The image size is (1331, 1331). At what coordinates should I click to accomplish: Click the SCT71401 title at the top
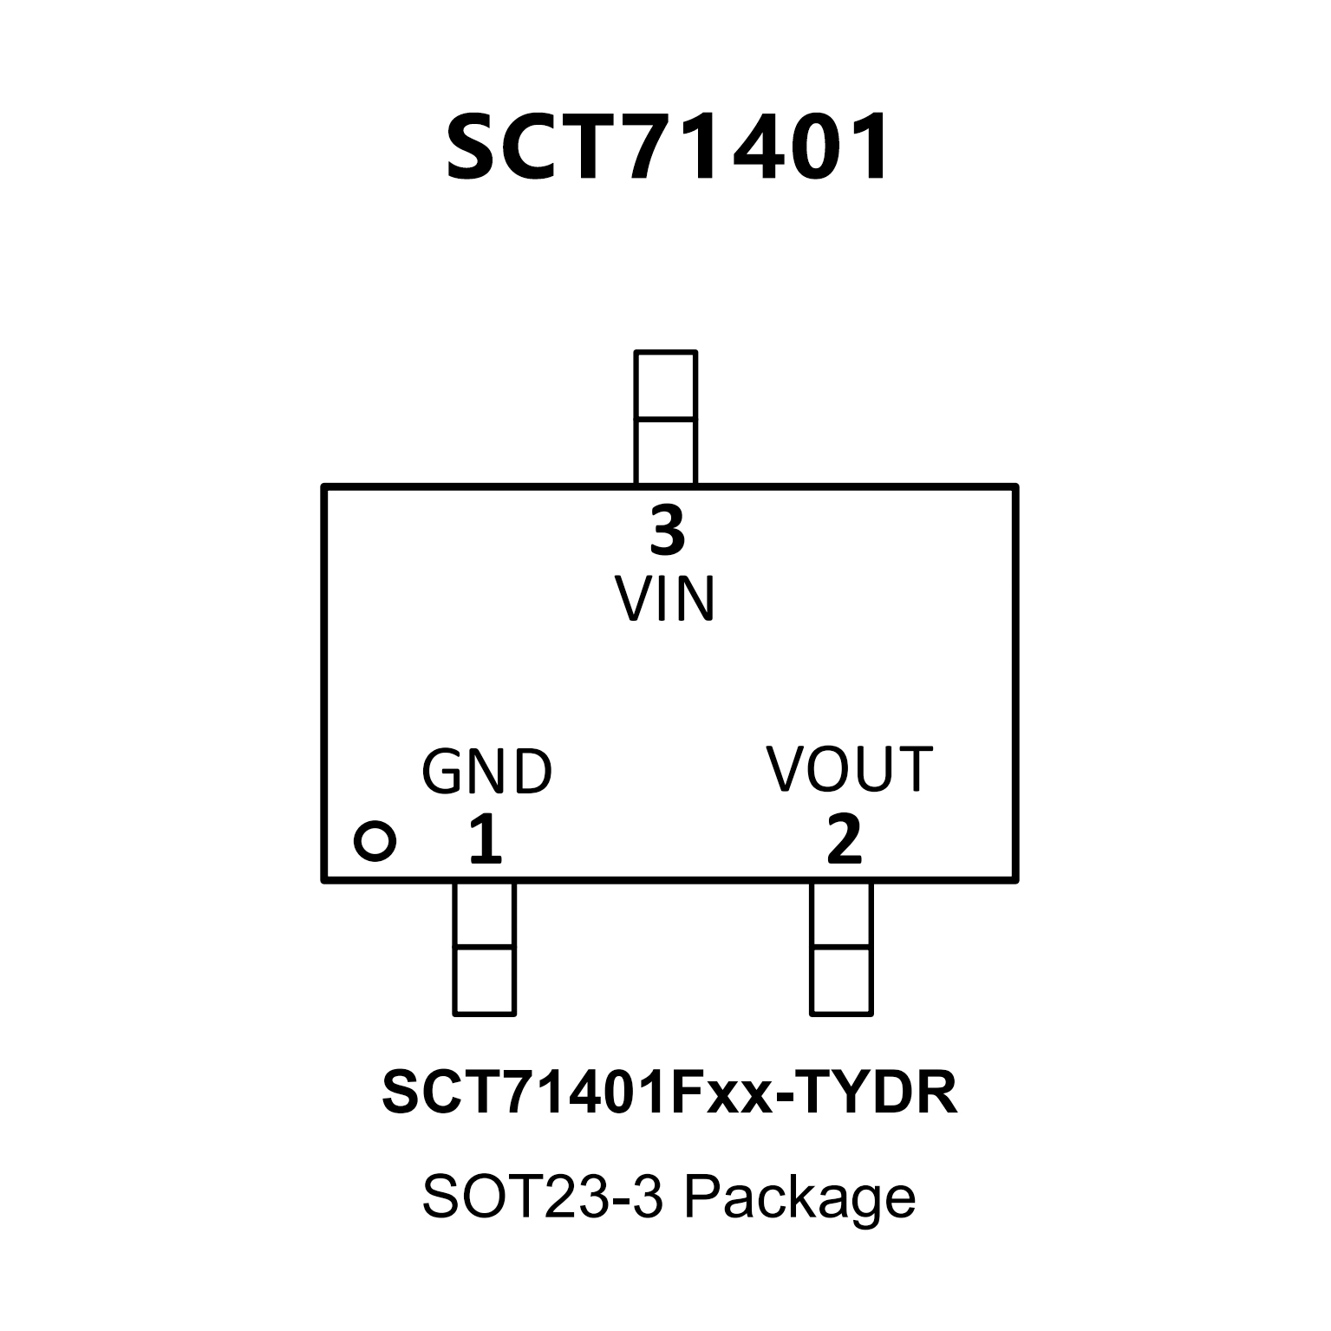(668, 148)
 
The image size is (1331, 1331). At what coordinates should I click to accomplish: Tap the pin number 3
(667, 532)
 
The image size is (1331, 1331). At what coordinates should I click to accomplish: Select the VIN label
(665, 598)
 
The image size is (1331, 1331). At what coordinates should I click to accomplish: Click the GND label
(486, 772)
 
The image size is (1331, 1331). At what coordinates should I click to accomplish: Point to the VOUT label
(849, 769)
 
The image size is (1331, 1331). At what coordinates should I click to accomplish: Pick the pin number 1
(485, 839)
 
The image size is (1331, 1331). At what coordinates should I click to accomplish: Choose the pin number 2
(844, 839)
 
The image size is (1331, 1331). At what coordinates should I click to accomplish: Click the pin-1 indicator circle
(375, 840)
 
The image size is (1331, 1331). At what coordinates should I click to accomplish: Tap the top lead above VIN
(665, 417)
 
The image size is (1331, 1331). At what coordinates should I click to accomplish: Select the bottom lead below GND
(484, 948)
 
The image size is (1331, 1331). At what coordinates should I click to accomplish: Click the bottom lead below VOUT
(841, 948)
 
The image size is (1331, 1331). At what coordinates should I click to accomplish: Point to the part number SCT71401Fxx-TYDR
(669, 1093)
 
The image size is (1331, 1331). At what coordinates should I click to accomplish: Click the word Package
(799, 1197)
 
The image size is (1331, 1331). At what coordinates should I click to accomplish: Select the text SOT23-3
(543, 1197)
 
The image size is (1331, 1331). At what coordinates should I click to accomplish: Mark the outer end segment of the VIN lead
(665, 385)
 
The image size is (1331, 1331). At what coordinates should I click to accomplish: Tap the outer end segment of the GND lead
(484, 981)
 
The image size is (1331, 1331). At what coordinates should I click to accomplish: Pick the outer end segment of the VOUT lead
(841, 981)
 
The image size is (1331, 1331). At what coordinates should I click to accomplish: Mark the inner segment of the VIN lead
(665, 451)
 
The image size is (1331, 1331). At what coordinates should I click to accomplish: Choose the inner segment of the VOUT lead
(841, 915)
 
